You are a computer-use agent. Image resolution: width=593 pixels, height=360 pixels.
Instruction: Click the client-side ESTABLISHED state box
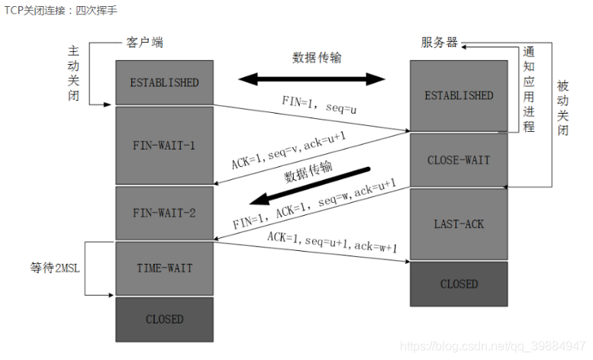click(x=164, y=82)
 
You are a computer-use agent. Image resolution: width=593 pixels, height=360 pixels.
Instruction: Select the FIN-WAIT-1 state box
click(x=164, y=145)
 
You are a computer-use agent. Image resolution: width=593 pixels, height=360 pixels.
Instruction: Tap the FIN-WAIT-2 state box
click(x=164, y=213)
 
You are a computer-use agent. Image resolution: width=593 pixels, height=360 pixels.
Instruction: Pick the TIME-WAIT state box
click(x=164, y=268)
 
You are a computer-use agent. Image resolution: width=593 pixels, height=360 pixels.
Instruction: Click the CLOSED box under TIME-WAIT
click(x=164, y=319)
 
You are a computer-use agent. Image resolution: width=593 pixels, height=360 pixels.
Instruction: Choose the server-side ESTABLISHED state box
click(x=459, y=95)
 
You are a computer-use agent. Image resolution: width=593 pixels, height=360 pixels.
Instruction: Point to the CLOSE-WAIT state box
click(x=459, y=160)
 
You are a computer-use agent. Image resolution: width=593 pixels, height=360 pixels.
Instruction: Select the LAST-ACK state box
click(x=459, y=223)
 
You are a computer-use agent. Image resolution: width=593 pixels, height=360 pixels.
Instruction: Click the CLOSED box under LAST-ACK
click(x=459, y=284)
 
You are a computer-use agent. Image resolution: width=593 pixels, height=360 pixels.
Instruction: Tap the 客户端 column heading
click(x=144, y=43)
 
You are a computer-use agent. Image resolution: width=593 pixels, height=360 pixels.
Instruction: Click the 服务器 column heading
click(x=440, y=43)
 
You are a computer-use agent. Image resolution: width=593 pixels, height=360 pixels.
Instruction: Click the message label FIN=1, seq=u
click(x=320, y=107)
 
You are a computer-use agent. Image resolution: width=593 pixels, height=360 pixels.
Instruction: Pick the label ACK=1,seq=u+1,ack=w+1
click(x=332, y=242)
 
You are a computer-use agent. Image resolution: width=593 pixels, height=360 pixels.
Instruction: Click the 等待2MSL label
click(x=57, y=268)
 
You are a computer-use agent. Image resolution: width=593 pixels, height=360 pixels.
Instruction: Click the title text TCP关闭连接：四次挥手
click(x=61, y=9)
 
